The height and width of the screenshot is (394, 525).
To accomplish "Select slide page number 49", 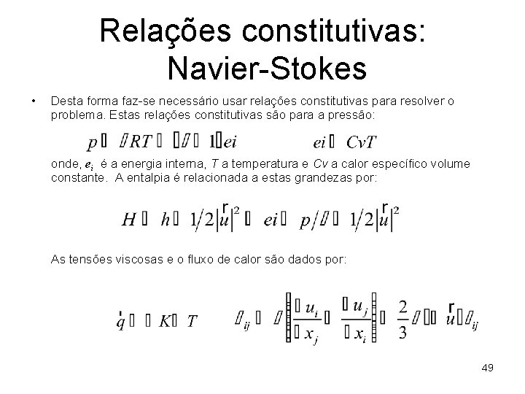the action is [487, 368].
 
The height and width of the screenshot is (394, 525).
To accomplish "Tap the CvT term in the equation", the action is [362, 142].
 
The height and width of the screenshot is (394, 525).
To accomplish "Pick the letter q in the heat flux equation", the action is [120, 321].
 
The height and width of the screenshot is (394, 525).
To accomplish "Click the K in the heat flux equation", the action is [165, 321].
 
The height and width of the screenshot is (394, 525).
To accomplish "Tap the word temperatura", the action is [261, 164].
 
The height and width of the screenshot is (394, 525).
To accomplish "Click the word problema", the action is [75, 115].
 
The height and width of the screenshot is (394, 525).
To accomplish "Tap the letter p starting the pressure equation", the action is [91, 143].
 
